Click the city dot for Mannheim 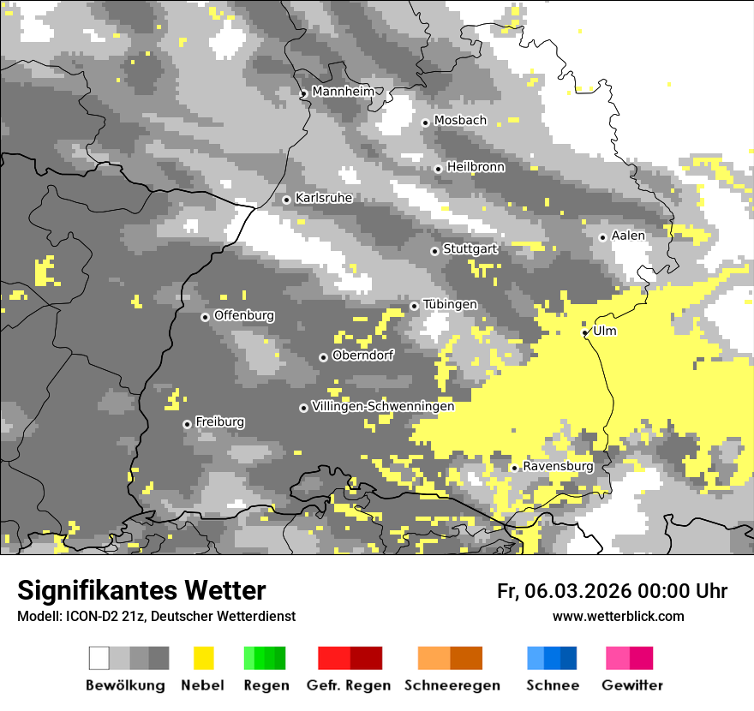(303, 94)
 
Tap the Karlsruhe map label (324, 198)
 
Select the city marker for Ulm (584, 332)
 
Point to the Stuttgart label (470, 249)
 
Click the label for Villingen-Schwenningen (383, 406)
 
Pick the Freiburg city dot (187, 424)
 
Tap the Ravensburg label (558, 466)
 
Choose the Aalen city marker (602, 237)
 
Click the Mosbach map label (460, 121)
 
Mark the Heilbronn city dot (438, 169)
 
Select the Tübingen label (450, 305)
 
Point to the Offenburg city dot (205, 317)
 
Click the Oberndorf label (363, 355)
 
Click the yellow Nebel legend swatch (203, 658)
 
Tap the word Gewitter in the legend (632, 685)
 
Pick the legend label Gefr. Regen (349, 685)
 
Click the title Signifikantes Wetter (141, 590)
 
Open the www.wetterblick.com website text (619, 616)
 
